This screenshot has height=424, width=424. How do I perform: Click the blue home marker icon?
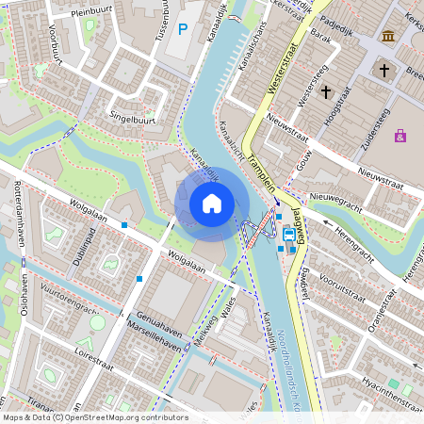pos(212,204)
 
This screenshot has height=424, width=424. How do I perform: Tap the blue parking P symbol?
pos(183,30)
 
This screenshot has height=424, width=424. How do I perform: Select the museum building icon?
pos(388,36)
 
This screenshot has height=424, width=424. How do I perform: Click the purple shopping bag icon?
pos(400,136)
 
